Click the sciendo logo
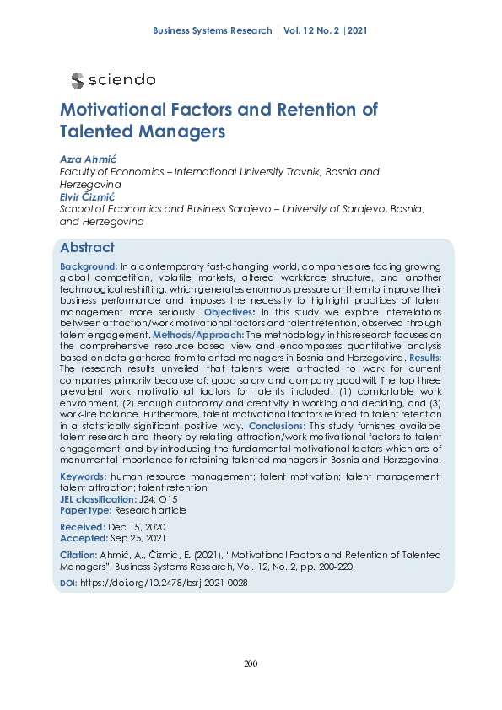(113, 80)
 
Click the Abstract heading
(87, 248)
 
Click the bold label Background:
(89, 266)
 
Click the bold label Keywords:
(84, 476)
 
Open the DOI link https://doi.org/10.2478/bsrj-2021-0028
(164, 583)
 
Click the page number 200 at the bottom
(251, 664)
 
